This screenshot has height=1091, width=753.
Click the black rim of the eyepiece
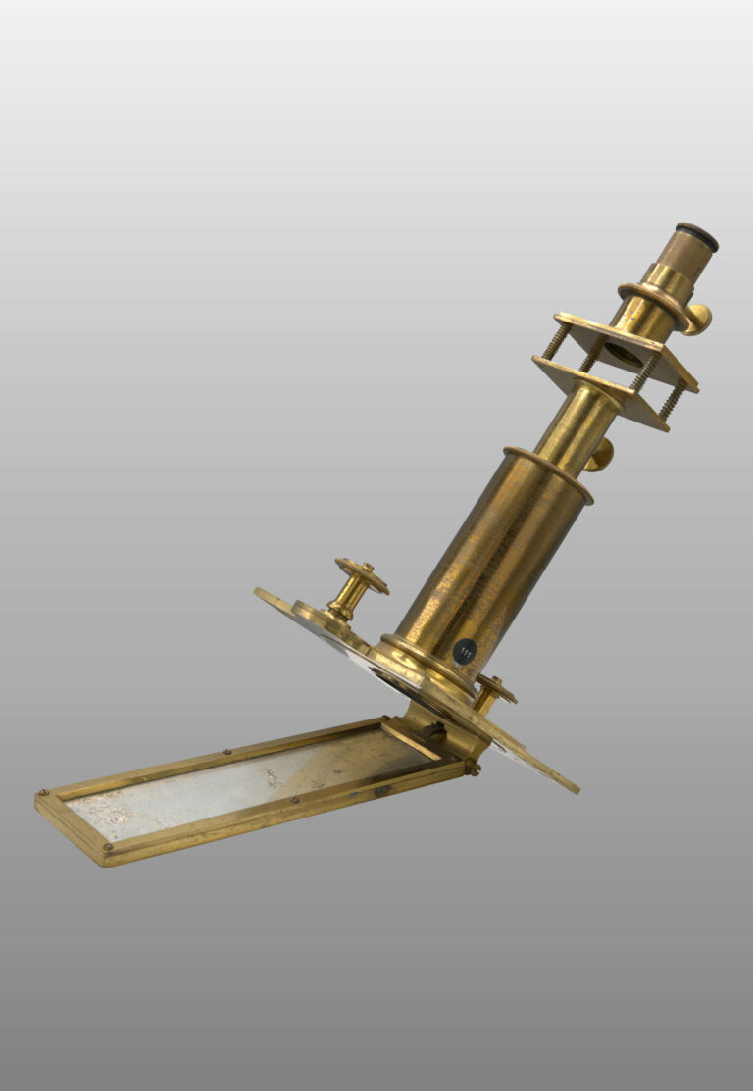click(697, 236)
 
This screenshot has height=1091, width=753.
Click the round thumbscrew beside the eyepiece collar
click(698, 320)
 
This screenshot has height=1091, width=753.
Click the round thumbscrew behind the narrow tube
click(601, 455)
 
